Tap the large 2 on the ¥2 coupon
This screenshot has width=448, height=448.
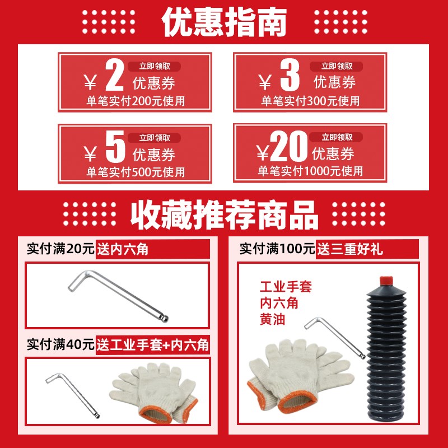click(x=114, y=77)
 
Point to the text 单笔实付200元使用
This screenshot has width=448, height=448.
click(x=135, y=101)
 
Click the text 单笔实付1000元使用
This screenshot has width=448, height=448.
click(x=310, y=171)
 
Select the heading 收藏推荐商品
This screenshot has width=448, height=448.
click(x=224, y=214)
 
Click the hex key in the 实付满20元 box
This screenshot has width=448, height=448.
click(x=118, y=296)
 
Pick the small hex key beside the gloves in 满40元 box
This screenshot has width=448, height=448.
click(x=72, y=395)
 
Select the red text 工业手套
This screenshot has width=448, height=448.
click(x=285, y=288)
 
